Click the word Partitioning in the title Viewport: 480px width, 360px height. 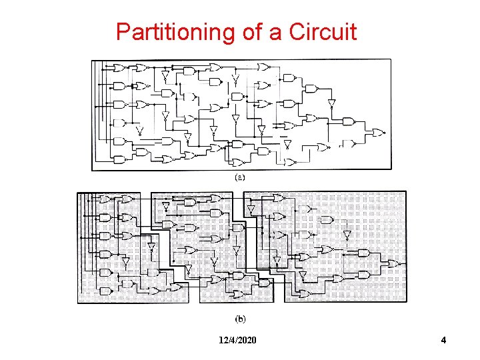tap(175, 31)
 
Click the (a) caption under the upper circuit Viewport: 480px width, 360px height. tap(241, 178)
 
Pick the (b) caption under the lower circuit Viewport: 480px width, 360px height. tap(241, 319)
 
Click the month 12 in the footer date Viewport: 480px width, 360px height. tap(223, 341)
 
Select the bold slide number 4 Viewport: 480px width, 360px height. tap(443, 341)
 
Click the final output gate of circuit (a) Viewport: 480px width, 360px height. tap(377, 133)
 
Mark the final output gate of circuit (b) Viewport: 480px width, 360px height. tap(393, 263)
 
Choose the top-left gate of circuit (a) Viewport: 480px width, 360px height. tap(119, 67)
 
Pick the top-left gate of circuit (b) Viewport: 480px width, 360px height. tap(105, 199)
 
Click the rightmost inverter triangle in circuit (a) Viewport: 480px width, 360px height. tap(331, 103)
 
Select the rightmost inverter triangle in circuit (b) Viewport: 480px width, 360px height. tap(347, 235)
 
